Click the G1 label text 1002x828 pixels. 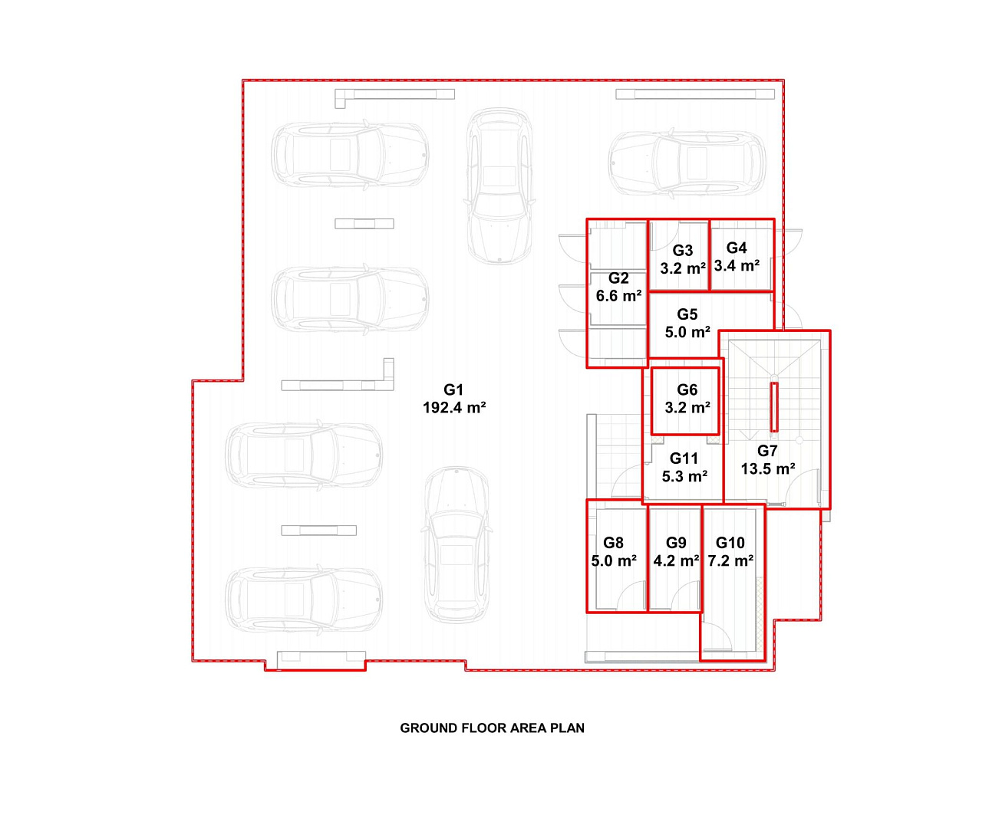453,389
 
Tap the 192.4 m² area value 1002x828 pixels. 454,408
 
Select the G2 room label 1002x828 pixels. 618,278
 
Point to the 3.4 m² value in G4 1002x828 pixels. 737,265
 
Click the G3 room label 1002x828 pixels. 682,250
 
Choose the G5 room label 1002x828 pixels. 687,314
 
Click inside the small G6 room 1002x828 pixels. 685,401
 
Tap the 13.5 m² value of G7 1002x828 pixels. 768,469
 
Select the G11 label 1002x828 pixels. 684,458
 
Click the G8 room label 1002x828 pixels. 613,543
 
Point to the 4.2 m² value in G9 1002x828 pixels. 676,561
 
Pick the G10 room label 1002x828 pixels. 730,543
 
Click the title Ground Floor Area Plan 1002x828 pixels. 493,728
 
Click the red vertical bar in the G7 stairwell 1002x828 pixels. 774,407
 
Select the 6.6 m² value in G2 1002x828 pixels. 618,296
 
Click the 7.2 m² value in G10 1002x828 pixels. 730,561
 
